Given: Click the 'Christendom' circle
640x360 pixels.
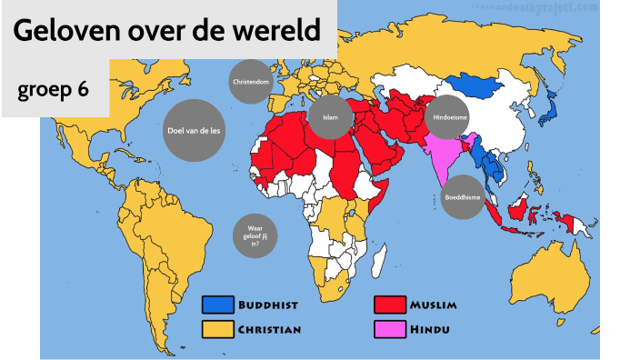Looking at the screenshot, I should point(250,82).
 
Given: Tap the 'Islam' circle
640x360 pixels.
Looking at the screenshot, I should point(329,117).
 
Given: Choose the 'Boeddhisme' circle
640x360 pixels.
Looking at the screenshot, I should point(463,196).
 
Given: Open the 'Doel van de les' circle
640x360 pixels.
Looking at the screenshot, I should point(195,130).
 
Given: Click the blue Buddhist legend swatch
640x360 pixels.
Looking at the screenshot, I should point(217,305).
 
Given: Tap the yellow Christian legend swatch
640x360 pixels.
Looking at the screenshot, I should point(217,327).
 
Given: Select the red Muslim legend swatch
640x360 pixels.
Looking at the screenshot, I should point(389,305).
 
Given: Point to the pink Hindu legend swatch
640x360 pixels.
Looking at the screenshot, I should point(389,327).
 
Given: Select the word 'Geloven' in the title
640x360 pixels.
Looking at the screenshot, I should point(70,32).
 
